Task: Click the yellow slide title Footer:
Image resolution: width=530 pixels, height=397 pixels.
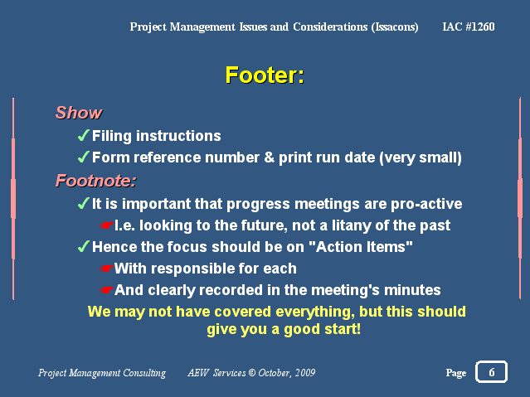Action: (265, 75)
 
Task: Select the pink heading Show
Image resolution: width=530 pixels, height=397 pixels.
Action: (79, 113)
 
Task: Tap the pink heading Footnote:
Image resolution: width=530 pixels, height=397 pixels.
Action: (96, 181)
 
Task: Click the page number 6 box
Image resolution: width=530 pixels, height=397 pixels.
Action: (491, 371)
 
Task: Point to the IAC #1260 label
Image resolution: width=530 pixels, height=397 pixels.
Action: (469, 27)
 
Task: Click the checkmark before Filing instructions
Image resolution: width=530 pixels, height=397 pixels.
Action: (84, 135)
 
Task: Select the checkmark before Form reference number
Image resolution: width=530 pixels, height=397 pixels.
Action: (84, 157)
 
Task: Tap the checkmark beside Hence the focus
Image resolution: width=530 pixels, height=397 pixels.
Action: (84, 246)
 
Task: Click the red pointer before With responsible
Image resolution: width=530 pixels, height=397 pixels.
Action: (106, 269)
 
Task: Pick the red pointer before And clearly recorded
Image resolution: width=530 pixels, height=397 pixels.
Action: (106, 290)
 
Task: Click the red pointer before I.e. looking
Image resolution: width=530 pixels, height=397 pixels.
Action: (106, 225)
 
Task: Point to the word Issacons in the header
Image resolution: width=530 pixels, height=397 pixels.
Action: (395, 27)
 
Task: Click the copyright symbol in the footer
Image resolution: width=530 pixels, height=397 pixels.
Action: (252, 373)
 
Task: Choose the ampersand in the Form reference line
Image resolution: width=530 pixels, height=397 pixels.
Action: (270, 157)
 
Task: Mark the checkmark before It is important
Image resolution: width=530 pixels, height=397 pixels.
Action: (84, 203)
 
